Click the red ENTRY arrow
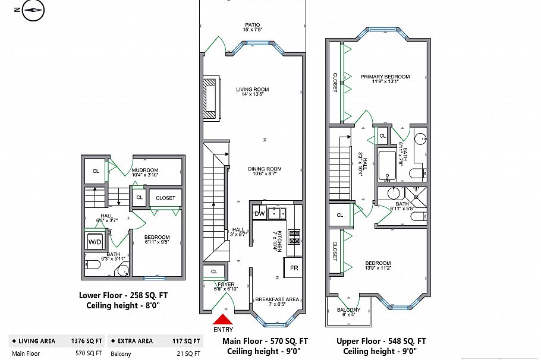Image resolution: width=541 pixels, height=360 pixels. click(x=224, y=320)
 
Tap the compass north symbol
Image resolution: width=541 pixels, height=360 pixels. click(x=33, y=10)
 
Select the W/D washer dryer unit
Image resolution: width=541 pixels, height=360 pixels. click(x=95, y=242)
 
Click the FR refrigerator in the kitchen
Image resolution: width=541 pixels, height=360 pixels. click(x=293, y=267)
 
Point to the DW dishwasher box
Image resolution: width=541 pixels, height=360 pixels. click(x=259, y=213)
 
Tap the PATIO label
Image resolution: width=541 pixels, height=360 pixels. click(x=252, y=25)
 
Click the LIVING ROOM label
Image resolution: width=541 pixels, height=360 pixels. click(x=252, y=90)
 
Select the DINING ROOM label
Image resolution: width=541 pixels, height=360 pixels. click(x=265, y=169)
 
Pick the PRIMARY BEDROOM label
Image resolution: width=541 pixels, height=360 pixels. click(x=385, y=77)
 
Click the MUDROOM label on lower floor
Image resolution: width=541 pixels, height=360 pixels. click(x=144, y=170)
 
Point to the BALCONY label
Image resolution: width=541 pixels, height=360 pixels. click(x=348, y=310)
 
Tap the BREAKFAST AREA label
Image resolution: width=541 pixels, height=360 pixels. click(x=277, y=299)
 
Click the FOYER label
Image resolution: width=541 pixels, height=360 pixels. click(x=226, y=285)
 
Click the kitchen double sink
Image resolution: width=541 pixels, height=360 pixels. click(x=276, y=213)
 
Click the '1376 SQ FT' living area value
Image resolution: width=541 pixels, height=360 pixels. click(x=86, y=341)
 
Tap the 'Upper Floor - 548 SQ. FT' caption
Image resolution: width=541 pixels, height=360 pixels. click(x=381, y=341)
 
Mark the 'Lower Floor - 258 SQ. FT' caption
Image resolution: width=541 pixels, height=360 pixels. click(x=124, y=295)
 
